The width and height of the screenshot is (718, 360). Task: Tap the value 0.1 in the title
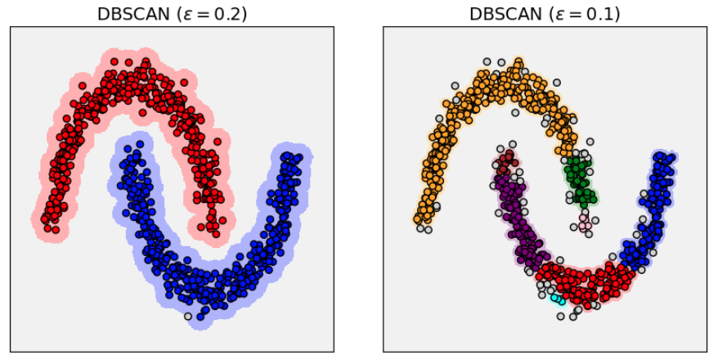[602, 14]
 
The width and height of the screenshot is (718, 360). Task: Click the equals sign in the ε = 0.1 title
[575, 14]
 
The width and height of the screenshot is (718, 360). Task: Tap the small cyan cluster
[558, 299]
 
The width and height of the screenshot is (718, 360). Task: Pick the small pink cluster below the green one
[584, 223]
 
